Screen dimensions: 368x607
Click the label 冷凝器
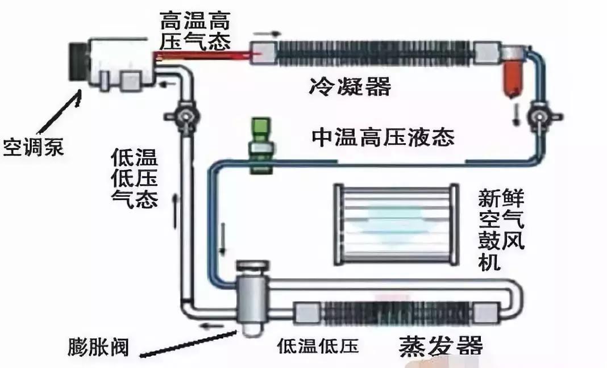pos(350,87)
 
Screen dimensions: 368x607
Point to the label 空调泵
pos(32,148)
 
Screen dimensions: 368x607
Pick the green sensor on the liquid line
pos(261,145)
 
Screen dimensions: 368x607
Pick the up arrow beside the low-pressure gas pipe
pos(176,207)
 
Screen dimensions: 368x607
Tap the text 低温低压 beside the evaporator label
pos(318,346)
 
